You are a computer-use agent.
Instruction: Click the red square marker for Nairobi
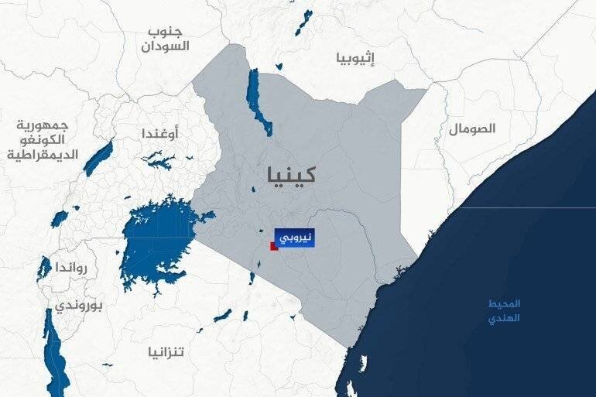coord(273,247)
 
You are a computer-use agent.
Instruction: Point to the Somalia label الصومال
coord(471,129)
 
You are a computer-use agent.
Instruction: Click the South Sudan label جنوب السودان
coord(166,39)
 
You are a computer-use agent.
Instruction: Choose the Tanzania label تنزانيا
coord(167,353)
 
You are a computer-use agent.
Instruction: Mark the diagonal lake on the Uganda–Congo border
coord(98,158)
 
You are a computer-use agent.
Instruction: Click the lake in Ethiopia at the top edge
coord(303,22)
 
